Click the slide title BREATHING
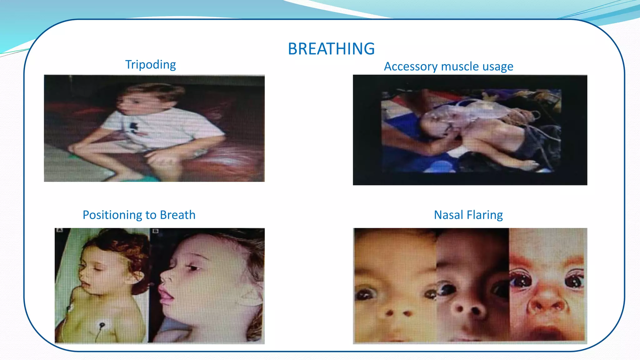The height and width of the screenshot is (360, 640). [331, 49]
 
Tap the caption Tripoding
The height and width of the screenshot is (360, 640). [150, 65]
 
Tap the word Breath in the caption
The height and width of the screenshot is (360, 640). [177, 215]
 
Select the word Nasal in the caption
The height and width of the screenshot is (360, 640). [448, 215]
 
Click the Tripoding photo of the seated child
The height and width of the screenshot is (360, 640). [154, 128]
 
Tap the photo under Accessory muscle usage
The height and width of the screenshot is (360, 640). [470, 130]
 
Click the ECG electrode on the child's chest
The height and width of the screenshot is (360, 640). [102, 326]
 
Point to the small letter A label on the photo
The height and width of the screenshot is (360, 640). [59, 230]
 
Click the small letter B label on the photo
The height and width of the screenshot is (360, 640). [155, 231]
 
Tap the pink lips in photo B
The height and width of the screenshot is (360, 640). [166, 296]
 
